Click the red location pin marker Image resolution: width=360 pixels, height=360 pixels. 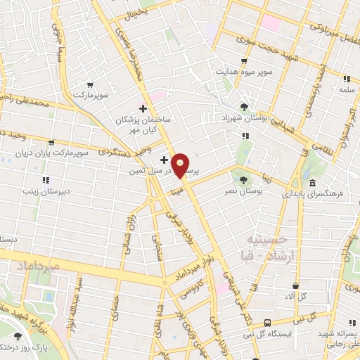(181, 166)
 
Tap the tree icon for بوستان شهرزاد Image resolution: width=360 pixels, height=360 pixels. (243, 107)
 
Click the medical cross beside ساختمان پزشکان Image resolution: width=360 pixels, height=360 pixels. (143, 108)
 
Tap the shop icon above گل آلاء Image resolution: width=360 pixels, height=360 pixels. (295, 286)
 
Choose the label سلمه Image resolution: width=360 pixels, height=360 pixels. (345, 90)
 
